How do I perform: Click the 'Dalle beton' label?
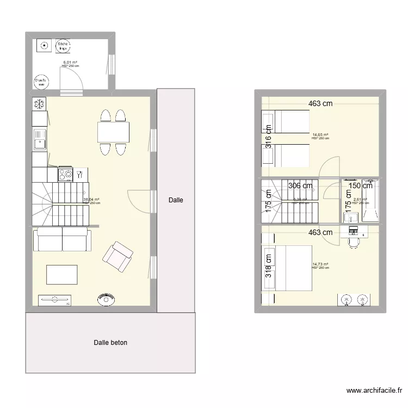110,343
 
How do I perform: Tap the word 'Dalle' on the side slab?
176,200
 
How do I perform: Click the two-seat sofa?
62,239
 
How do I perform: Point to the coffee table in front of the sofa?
62,274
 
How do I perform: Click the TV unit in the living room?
54,299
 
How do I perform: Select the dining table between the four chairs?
113,132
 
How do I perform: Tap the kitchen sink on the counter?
40,144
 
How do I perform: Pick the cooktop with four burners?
66,175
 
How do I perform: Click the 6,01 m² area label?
70,63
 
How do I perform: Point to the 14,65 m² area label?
320,134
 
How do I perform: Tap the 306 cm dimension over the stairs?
300,186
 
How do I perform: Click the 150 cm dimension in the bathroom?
360,186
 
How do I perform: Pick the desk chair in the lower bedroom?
354,242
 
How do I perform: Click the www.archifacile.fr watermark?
375,391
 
